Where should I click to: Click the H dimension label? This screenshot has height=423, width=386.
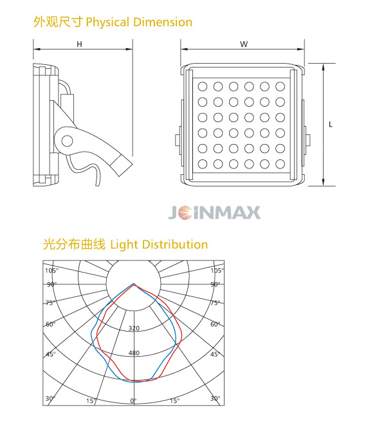79,44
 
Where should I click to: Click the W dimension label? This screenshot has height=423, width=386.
244,44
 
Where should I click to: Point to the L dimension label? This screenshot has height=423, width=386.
331,124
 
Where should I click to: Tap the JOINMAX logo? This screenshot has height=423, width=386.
215,213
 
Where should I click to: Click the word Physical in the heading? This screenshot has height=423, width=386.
107,22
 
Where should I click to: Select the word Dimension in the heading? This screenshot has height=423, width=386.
163,22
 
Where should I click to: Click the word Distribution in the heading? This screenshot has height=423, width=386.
175,244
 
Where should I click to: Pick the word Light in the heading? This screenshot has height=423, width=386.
124,245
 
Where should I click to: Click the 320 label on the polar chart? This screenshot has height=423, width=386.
134,328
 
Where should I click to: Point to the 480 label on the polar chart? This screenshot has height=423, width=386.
134,353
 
